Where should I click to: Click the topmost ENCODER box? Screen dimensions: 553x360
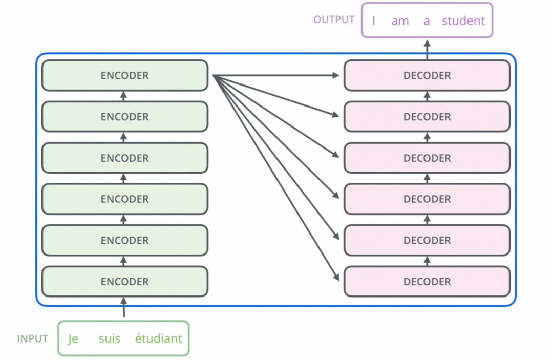coord(125,75)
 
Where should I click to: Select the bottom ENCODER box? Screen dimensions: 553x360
coord(125,281)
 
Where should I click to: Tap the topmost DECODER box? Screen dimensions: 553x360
coord(427,75)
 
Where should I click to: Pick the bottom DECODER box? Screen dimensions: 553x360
coord(427,281)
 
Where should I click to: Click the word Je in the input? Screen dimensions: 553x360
coord(73,338)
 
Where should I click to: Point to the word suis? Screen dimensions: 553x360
coord(110,338)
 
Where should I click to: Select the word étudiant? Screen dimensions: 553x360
coord(159,338)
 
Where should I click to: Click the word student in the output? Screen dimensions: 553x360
coord(463,21)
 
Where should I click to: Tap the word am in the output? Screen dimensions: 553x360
coord(400,22)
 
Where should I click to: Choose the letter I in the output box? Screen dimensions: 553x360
coord(373,21)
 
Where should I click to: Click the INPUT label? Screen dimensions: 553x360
coord(32,339)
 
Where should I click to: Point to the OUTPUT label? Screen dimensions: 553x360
coord(334,20)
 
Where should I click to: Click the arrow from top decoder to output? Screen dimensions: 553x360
coord(427,50)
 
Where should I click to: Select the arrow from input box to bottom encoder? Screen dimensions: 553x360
coord(124,307)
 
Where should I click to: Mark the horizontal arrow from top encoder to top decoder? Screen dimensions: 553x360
coord(276,75)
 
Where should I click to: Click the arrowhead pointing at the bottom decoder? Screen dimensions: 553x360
coord(336,277)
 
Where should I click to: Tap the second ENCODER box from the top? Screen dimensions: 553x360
coord(125,117)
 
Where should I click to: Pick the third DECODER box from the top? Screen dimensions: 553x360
coord(427,158)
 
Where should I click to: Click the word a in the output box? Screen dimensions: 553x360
coord(427,22)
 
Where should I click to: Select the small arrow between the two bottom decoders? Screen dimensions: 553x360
coord(427,261)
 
